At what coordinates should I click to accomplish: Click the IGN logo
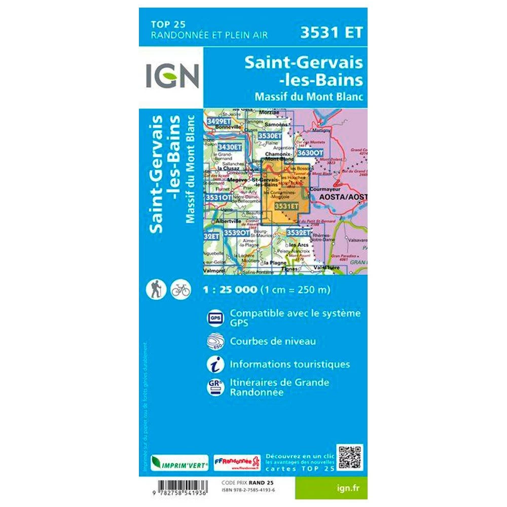(173, 75)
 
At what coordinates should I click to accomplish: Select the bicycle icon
(180, 289)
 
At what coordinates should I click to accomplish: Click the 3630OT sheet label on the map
(310, 152)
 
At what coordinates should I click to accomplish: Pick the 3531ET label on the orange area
(286, 206)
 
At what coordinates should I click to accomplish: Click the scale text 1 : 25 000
(230, 290)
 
